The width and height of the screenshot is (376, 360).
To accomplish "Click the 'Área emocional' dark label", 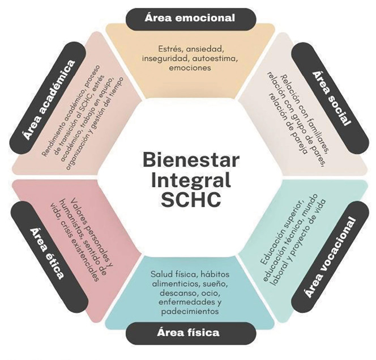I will pyautogui.click(x=190, y=18).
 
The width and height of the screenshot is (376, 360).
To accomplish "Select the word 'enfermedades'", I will pyautogui.click(x=181, y=303).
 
